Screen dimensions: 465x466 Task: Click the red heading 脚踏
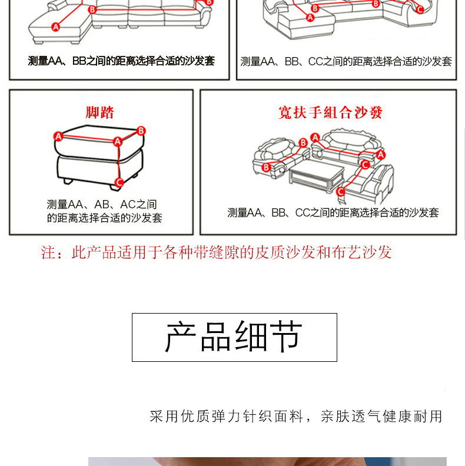99,112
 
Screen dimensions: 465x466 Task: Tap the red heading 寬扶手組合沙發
330,112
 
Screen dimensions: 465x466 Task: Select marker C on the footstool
119,182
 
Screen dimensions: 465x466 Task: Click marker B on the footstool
141,131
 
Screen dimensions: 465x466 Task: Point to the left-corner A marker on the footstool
58,137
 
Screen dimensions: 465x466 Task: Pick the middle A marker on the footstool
118,141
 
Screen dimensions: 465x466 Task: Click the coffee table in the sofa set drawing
316,175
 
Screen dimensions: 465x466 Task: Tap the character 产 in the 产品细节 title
181,337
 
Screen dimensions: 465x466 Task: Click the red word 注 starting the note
48,252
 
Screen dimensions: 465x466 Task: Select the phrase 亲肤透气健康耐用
381,417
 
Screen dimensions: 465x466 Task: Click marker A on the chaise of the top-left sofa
55,27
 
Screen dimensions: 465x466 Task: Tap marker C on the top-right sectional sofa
420,9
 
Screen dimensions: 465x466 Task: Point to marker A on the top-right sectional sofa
310,18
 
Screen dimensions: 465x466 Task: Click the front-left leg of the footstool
68,181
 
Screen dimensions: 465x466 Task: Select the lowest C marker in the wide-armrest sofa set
341,192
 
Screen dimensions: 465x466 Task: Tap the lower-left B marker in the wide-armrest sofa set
266,168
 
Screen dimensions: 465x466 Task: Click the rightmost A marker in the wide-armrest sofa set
381,155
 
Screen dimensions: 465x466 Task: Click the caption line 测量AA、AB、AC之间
102,205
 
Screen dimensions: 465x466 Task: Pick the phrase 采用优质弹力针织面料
226,417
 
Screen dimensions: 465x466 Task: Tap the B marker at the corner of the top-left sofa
92,10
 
